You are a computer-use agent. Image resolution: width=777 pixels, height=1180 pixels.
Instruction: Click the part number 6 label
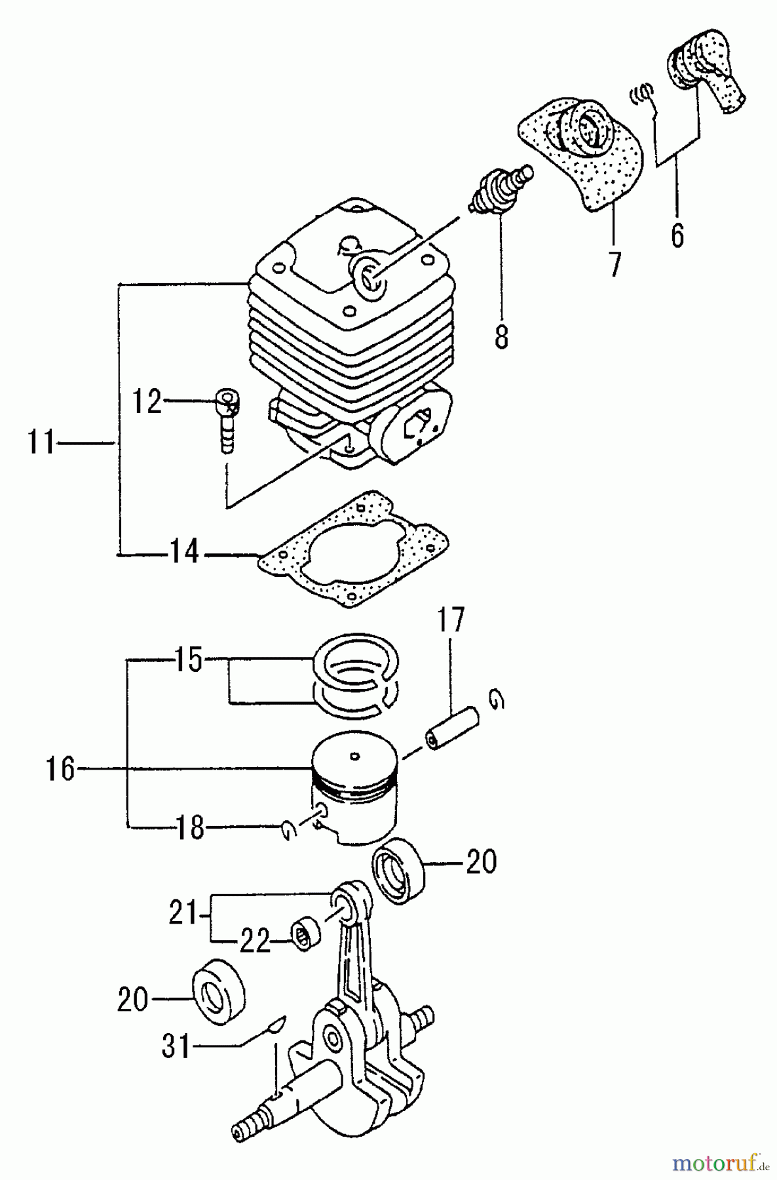677,234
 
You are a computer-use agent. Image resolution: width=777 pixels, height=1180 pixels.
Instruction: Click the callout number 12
147,401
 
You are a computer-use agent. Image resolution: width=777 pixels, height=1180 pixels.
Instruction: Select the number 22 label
254,942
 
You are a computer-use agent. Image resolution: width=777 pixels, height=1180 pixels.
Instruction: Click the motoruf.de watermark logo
713,1163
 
